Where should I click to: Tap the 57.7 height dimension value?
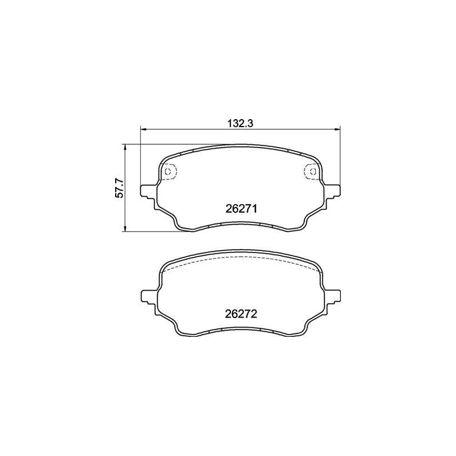(120, 188)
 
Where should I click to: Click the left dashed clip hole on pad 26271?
(169, 170)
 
